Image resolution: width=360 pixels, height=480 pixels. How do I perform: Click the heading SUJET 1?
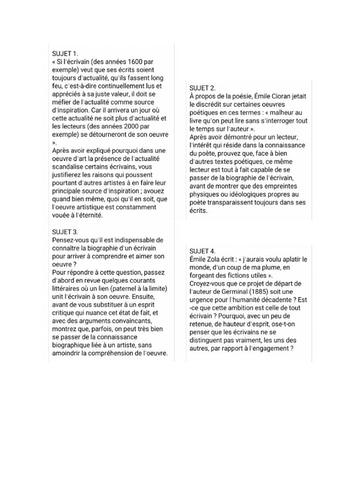click(65, 54)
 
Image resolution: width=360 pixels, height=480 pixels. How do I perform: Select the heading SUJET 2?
click(202, 88)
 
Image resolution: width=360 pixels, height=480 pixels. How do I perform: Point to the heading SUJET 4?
click(202, 251)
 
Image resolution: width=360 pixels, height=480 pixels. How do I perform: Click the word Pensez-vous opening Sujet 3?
click(71, 240)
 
